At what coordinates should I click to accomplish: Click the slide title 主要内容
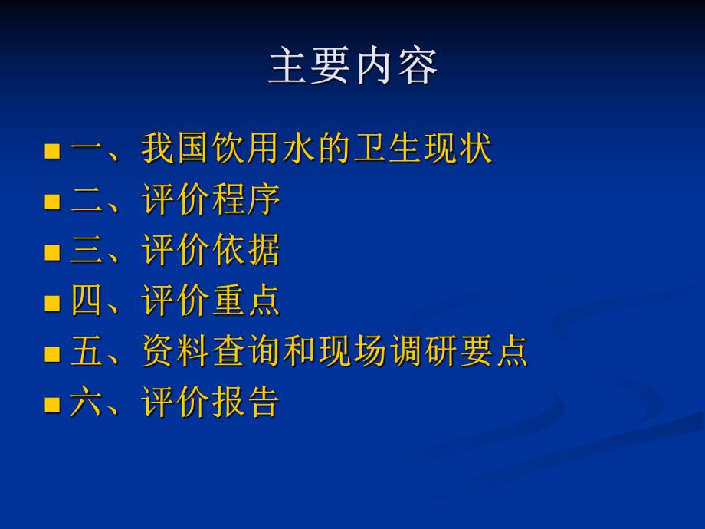[x=352, y=67]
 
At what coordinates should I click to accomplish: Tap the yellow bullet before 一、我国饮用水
[x=52, y=151]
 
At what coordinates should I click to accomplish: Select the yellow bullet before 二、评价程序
[x=52, y=202]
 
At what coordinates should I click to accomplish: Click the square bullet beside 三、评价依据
[x=52, y=253]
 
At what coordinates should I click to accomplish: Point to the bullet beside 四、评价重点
[x=52, y=304]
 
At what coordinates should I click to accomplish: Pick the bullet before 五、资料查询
[x=52, y=354]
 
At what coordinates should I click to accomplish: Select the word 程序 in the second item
[x=246, y=200]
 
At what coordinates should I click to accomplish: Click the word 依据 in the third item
[x=246, y=251]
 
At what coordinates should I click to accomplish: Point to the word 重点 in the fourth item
[x=246, y=301]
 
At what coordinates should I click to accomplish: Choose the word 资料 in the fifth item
[x=175, y=352]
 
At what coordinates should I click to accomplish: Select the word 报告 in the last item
[x=246, y=402]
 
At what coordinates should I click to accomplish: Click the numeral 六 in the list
[x=87, y=402]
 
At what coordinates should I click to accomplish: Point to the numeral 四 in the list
[x=87, y=301]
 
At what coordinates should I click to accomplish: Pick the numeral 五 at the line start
[x=87, y=352]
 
